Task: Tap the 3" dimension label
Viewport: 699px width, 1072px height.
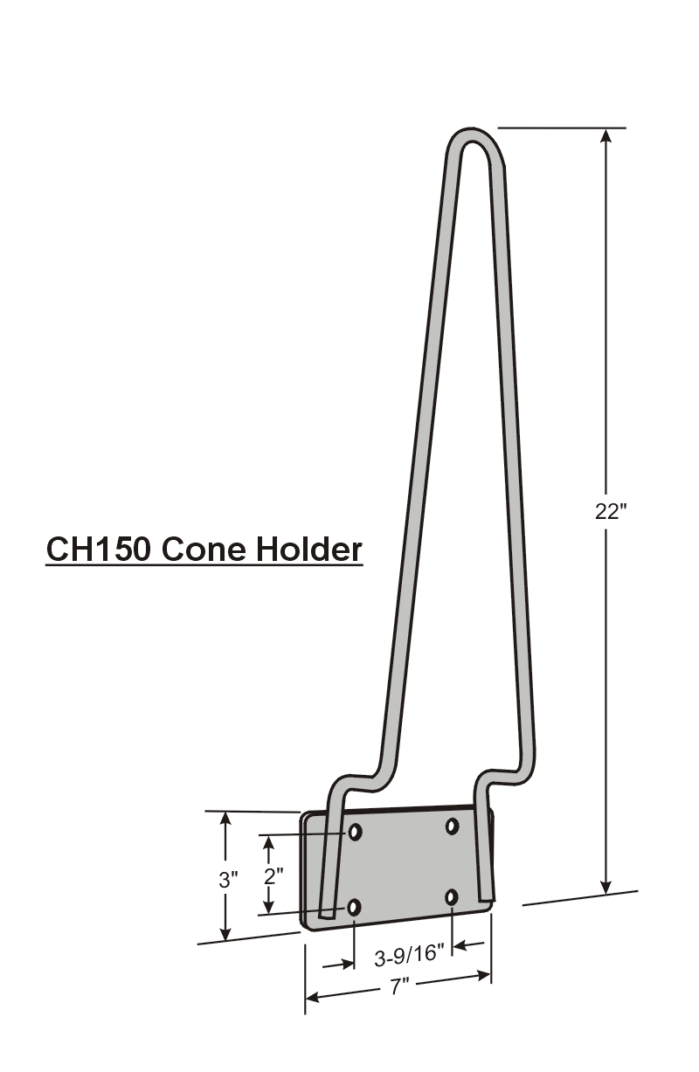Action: (x=228, y=879)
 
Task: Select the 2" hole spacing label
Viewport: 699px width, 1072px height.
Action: (x=273, y=875)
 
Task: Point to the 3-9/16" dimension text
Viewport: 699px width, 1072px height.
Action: (x=410, y=958)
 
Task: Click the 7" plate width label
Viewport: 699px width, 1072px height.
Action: (x=400, y=987)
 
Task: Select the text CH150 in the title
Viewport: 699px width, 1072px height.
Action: (x=97, y=550)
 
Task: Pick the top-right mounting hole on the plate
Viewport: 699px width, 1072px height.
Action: (x=453, y=826)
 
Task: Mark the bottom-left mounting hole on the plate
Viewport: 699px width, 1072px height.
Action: (x=354, y=908)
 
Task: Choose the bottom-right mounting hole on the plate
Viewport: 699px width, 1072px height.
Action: (x=452, y=897)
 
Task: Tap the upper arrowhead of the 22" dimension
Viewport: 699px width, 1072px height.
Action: (x=606, y=137)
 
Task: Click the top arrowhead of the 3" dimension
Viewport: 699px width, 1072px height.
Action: (x=226, y=820)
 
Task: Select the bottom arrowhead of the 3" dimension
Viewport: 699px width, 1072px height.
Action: (x=226, y=933)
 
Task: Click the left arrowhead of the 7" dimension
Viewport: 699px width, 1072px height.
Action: (x=313, y=997)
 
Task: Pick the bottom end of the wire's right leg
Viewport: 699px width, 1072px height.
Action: (x=487, y=895)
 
